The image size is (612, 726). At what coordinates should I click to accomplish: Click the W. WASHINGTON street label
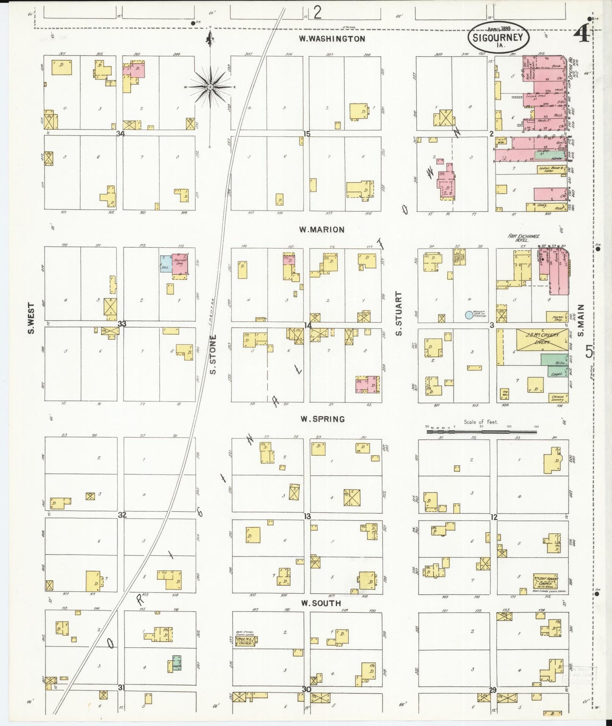coord(332,39)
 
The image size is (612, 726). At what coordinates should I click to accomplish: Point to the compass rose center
coord(210,87)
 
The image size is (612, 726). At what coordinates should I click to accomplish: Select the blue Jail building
coord(165,264)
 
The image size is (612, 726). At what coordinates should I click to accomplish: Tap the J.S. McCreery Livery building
coord(542,340)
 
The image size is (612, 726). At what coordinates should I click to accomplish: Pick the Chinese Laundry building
coord(558,398)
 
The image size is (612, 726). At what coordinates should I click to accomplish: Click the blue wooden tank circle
coord(468,315)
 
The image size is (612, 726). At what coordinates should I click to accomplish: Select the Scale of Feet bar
coord(481,432)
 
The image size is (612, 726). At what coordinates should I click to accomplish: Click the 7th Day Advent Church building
coord(546,581)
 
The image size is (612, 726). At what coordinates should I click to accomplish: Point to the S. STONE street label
coord(213,354)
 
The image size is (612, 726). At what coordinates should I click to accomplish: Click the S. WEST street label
coord(31,318)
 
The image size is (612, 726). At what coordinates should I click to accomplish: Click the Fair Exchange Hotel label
coord(524,238)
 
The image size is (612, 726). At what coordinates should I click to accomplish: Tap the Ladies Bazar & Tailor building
coord(552,169)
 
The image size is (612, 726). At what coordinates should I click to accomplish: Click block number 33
coord(122,324)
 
